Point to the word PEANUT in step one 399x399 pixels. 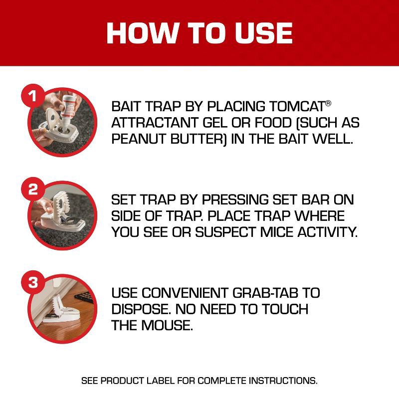136,139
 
